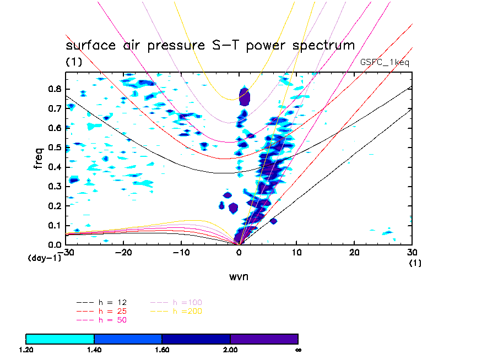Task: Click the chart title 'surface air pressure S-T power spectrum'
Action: (x=210, y=45)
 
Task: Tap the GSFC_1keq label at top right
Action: (x=385, y=62)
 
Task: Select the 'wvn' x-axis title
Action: (x=239, y=276)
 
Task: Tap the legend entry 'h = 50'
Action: (x=112, y=320)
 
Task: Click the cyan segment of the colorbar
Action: (x=60, y=339)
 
